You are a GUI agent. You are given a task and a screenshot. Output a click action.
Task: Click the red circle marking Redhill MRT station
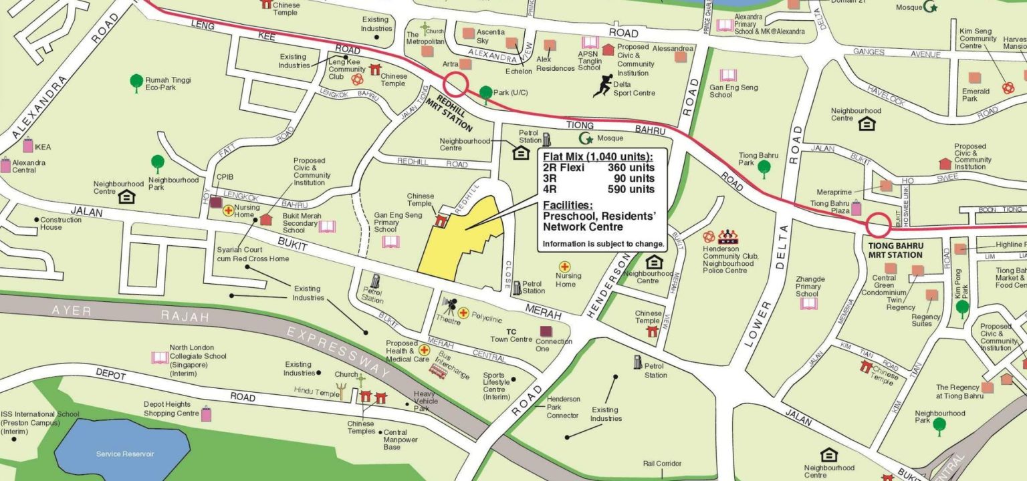click(x=457, y=85)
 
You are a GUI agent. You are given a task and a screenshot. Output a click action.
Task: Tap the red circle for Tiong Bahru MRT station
click(x=878, y=225)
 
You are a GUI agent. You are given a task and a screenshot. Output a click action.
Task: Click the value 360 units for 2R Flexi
click(x=631, y=168)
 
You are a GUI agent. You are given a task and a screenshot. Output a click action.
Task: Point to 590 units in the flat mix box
click(x=631, y=189)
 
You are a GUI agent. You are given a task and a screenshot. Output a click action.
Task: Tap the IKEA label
click(x=43, y=147)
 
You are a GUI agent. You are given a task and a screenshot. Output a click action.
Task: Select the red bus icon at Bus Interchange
click(x=439, y=370)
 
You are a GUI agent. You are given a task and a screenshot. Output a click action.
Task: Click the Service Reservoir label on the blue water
click(x=125, y=454)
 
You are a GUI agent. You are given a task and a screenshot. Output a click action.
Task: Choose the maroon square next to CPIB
click(x=215, y=202)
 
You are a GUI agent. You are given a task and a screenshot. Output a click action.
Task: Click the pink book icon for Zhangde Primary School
click(x=808, y=303)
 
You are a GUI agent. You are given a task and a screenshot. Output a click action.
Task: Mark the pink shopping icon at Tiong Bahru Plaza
click(x=856, y=208)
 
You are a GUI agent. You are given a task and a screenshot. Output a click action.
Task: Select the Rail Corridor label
click(x=662, y=463)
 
